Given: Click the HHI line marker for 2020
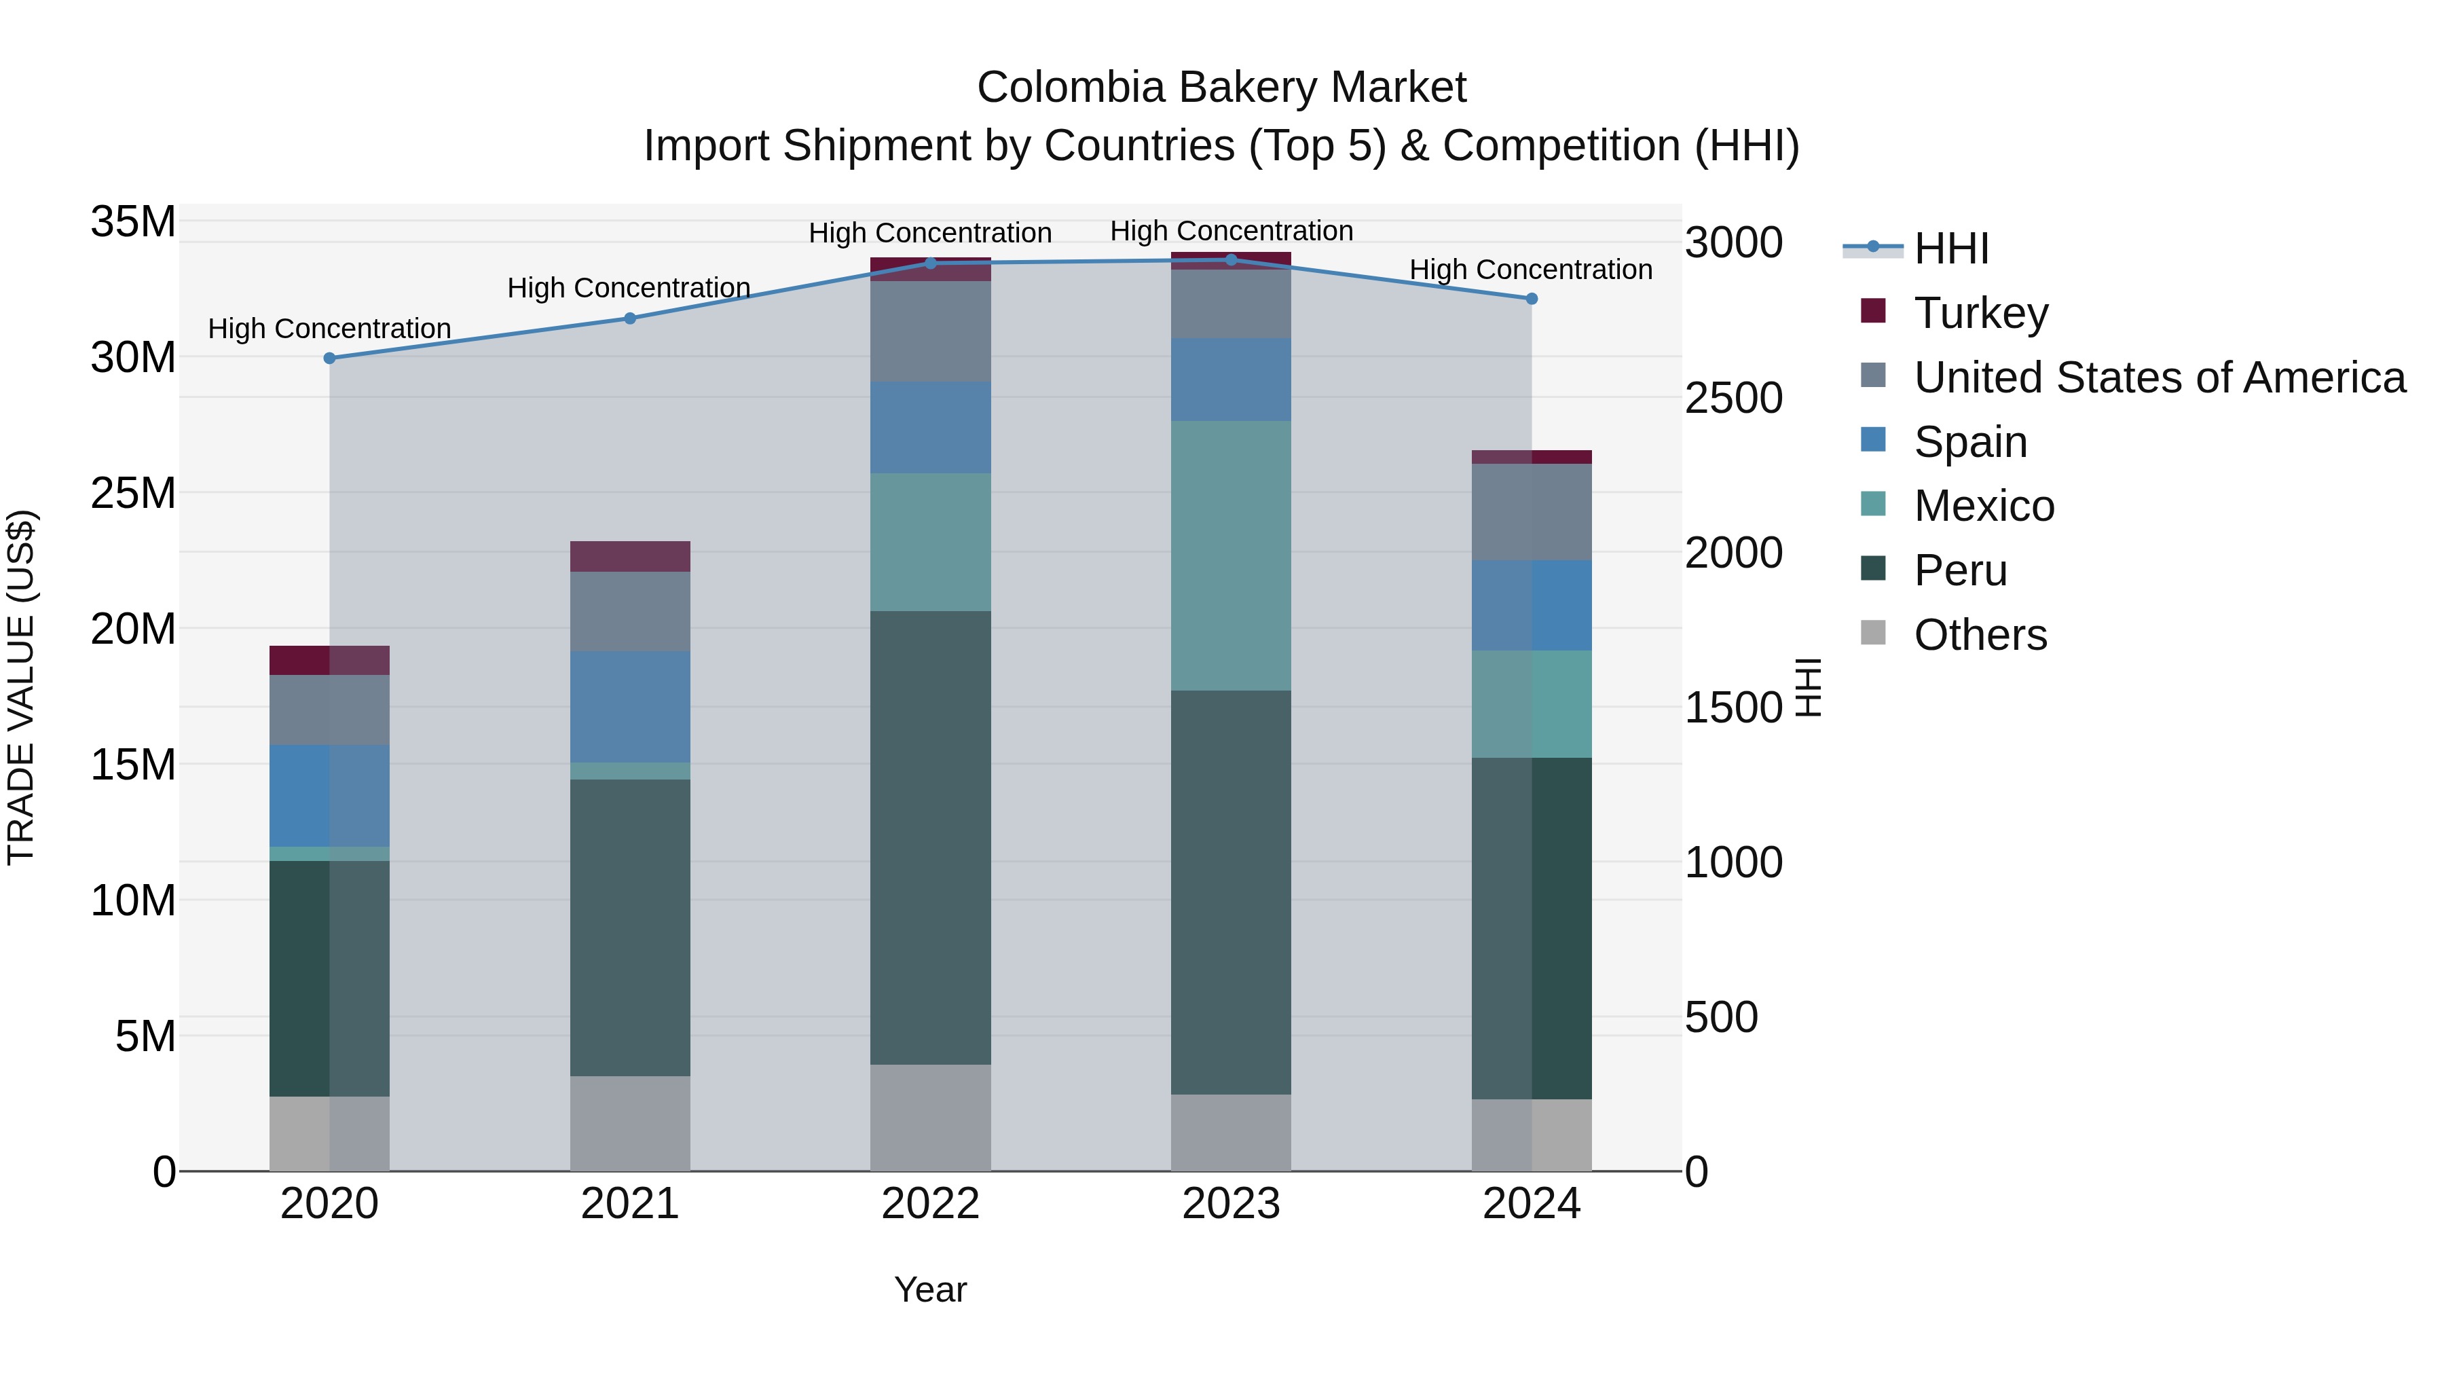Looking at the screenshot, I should click(329, 358).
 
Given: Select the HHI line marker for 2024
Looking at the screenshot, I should click(1532, 299).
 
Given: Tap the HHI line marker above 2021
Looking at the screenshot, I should click(630, 318).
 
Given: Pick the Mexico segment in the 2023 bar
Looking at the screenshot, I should click(1231, 555).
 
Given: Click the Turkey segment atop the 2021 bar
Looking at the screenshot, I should click(630, 556).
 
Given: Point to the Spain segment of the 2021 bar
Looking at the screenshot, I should click(630, 707).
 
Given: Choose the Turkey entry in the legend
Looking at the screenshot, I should click(1981, 312).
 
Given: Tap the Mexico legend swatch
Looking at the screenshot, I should click(1873, 505).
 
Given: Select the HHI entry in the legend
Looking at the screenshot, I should click(1950, 249).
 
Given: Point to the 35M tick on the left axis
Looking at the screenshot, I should click(133, 222).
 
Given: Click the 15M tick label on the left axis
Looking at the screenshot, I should click(133, 765).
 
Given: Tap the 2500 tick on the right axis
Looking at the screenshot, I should click(1733, 398).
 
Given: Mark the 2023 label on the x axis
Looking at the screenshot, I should click(1231, 1204).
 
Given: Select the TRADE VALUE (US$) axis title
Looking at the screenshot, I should click(21, 687).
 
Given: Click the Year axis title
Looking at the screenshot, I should click(930, 1289).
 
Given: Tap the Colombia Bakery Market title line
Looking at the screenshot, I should click(1221, 88).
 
